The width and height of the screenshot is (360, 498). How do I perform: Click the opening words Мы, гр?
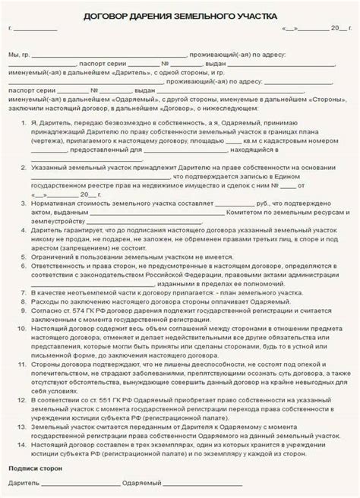(x=18, y=55)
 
